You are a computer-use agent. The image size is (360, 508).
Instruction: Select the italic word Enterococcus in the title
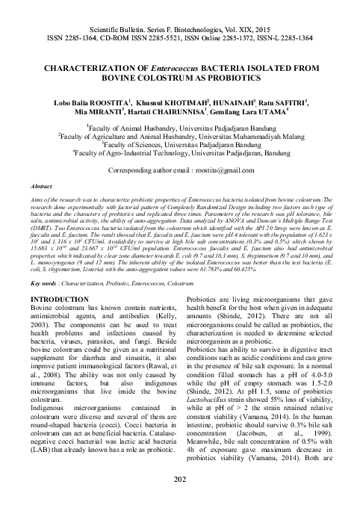pos(183,66)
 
